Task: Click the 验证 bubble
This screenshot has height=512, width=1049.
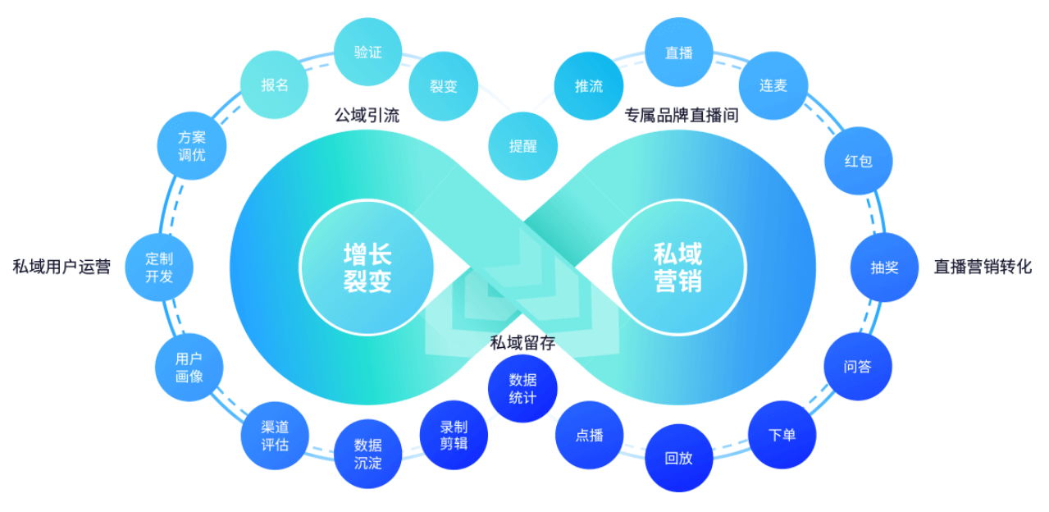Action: click(x=368, y=53)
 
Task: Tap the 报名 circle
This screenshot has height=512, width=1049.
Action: click(x=274, y=85)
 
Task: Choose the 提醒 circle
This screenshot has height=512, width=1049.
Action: click(x=522, y=147)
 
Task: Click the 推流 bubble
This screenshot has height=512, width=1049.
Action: click(x=588, y=85)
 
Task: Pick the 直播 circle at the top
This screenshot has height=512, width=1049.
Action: click(x=679, y=53)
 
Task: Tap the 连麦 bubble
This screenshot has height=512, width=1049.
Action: click(x=773, y=85)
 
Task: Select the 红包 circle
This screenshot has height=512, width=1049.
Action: click(x=858, y=161)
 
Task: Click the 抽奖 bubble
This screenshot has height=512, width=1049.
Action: click(x=884, y=267)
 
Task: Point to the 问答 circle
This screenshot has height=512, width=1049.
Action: click(x=857, y=367)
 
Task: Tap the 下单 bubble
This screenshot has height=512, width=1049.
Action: click(x=782, y=435)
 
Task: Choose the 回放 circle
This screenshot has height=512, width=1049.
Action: click(x=678, y=458)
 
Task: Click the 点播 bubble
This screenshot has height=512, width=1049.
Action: click(x=589, y=435)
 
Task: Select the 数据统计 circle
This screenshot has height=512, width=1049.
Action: click(x=522, y=388)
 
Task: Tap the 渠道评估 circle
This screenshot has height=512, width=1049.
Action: click(x=275, y=436)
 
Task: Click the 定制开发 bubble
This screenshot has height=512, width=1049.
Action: click(x=159, y=267)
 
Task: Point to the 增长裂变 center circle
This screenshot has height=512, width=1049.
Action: click(x=367, y=267)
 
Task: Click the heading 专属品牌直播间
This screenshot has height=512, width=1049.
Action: click(x=682, y=116)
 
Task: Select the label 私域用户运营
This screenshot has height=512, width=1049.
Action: click(x=62, y=267)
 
